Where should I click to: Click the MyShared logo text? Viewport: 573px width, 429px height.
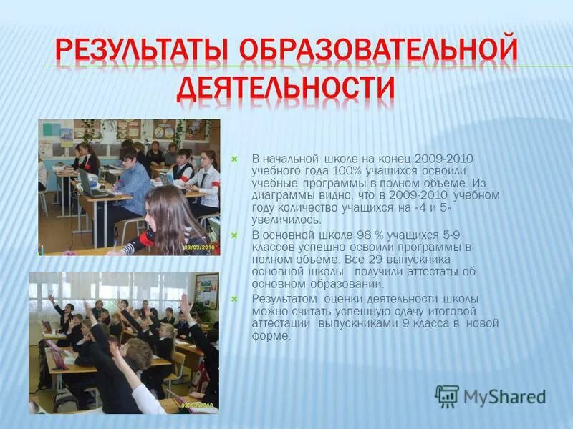point(504,397)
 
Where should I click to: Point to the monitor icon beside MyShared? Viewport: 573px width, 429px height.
point(447,396)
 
